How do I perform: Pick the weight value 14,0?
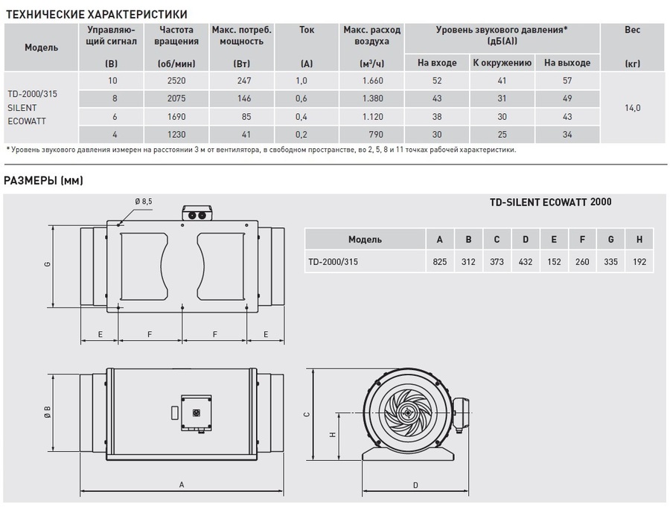tap(632, 108)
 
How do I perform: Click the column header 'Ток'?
tap(306, 31)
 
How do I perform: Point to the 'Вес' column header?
tap(632, 31)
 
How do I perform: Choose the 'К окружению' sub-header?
tap(501, 63)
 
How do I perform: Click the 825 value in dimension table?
tap(440, 262)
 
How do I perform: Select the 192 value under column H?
tap(640, 262)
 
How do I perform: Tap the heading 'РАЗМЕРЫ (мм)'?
tap(43, 180)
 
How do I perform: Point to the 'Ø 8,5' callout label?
tap(144, 201)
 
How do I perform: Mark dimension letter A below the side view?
tap(182, 485)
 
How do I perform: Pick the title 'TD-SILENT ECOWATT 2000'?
tap(550, 202)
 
